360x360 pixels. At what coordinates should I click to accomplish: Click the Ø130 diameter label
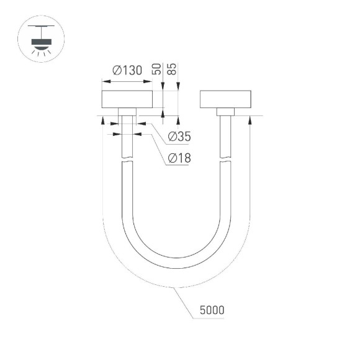[127, 71]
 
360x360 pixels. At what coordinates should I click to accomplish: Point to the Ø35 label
[179, 137]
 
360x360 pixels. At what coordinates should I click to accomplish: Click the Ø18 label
[179, 158]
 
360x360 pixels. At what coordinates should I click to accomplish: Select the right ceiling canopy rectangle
[225, 99]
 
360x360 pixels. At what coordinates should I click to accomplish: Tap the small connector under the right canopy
[225, 111]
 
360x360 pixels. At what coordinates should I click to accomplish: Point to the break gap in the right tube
[225, 161]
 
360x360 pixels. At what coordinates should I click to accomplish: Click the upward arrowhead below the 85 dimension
[179, 119]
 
